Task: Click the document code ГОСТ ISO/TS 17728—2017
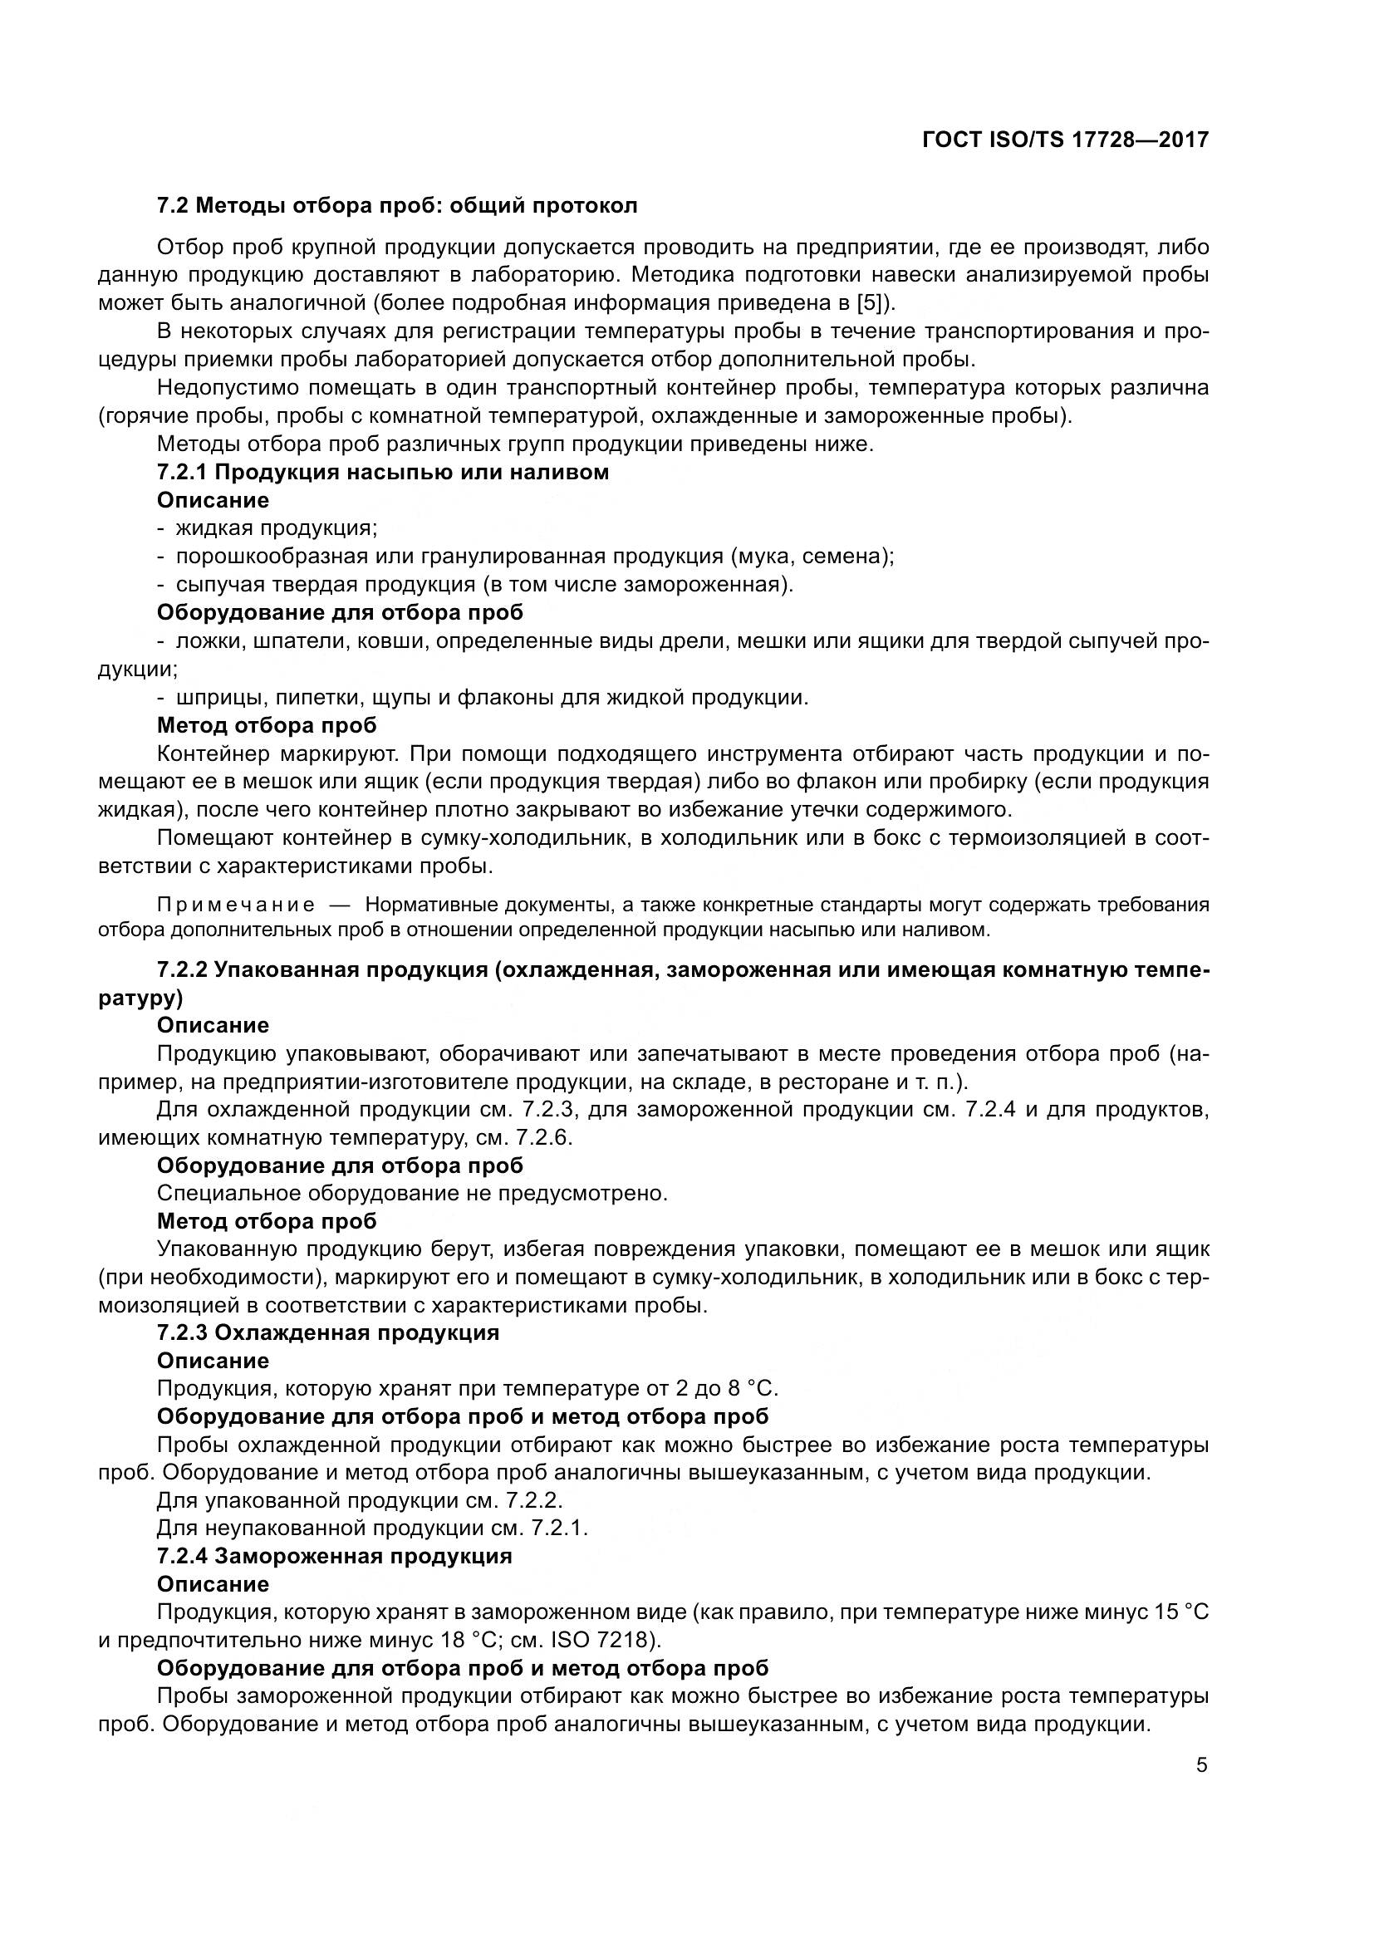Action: click(1065, 140)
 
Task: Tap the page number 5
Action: click(1201, 1766)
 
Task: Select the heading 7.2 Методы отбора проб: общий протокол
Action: click(397, 206)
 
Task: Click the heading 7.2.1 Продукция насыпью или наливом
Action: click(382, 472)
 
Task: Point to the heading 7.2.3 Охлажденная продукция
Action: click(328, 1332)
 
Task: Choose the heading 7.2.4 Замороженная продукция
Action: click(334, 1556)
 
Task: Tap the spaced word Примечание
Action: click(236, 905)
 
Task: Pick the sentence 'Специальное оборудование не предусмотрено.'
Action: click(413, 1193)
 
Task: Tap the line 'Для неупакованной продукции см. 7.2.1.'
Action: click(372, 1528)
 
